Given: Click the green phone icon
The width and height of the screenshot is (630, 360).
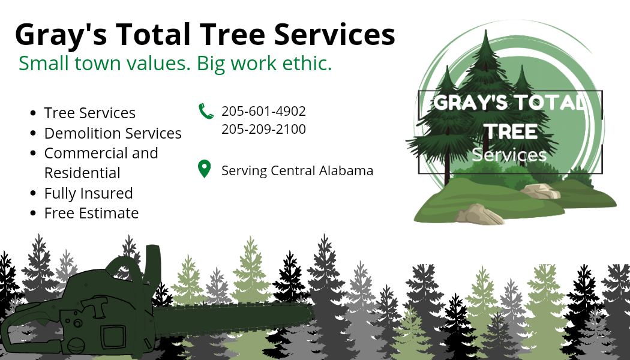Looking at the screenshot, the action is coord(206,111).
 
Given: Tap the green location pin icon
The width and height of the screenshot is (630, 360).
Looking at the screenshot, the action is coord(205,169).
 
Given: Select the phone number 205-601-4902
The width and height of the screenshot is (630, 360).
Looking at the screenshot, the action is coord(263,111).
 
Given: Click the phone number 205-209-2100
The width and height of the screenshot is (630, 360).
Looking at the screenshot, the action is coord(263,130).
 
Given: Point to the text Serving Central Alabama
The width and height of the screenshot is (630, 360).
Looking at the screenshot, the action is coord(298,171).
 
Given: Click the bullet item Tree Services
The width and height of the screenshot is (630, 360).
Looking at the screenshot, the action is coord(89,113).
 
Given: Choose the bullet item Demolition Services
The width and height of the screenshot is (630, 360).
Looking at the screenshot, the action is coord(113,133).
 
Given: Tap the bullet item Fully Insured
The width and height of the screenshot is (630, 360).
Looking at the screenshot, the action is coord(88,193).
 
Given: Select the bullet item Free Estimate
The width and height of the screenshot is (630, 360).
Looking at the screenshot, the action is coord(91,213).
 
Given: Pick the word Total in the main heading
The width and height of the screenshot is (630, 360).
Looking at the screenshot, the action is coord(154,34).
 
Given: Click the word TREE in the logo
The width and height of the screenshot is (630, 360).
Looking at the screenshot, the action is coord(510,131).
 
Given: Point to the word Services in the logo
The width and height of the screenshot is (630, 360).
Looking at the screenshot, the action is coord(509,155).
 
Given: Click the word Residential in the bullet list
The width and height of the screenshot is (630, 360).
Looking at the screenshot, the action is coord(82,173).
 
